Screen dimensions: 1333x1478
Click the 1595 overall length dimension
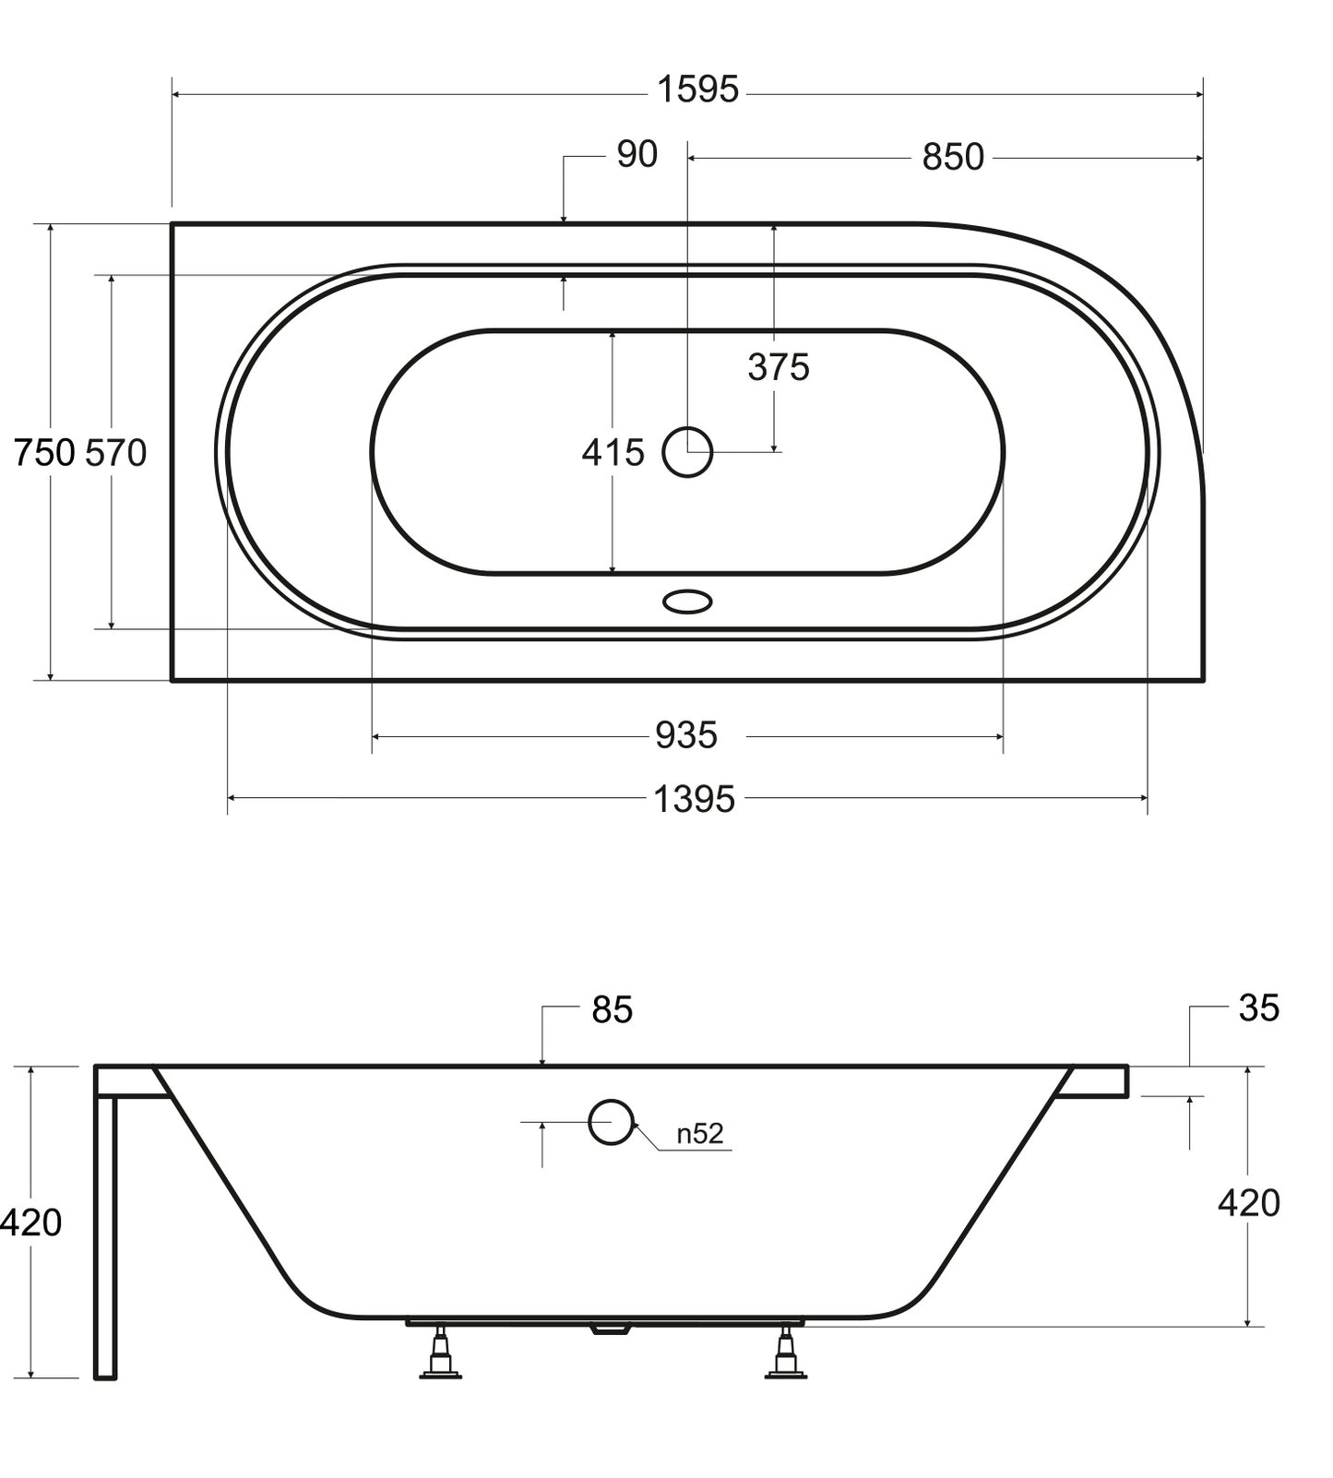[x=697, y=90]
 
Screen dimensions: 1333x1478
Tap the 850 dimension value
[x=953, y=158]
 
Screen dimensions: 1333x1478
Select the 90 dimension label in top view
[x=637, y=155]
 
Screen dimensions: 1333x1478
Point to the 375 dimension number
[x=779, y=367]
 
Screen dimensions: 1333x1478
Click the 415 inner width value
[x=613, y=453]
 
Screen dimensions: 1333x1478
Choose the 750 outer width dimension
[x=43, y=453]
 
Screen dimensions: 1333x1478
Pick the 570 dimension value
[x=116, y=453]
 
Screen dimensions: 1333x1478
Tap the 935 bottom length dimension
[x=686, y=735]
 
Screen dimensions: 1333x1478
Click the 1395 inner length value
[x=694, y=799]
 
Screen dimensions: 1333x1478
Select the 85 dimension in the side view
[x=613, y=1010]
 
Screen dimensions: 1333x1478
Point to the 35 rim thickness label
[x=1258, y=1008]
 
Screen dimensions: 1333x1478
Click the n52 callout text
[x=700, y=1133]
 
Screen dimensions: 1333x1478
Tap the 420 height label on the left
[x=31, y=1222]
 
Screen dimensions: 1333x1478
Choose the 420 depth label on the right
[x=1249, y=1203]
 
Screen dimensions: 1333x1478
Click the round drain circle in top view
[x=687, y=452]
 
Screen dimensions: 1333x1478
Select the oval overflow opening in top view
[x=687, y=602]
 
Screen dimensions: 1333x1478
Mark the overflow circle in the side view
[x=611, y=1122]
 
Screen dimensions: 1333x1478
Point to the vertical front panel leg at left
[x=105, y=1236]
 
